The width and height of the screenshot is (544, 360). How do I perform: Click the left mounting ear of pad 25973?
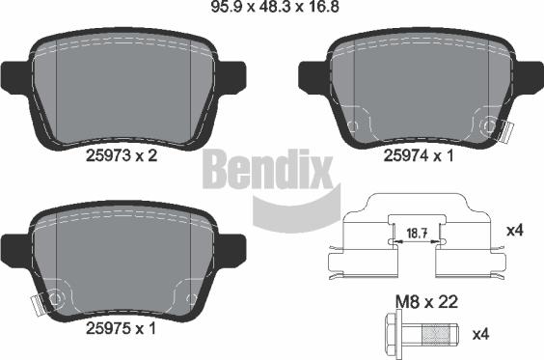pyautogui.click(x=15, y=79)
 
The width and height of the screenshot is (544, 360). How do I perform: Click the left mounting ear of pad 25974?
pyautogui.click(x=313, y=79)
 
